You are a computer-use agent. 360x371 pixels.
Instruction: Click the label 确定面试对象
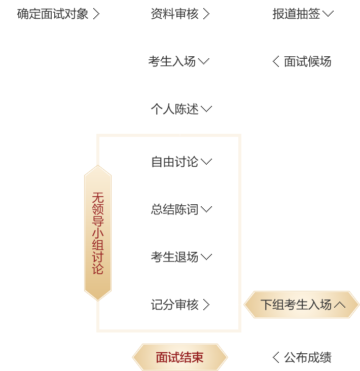tap(53, 14)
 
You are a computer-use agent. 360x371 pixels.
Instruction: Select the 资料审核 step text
tap(174, 14)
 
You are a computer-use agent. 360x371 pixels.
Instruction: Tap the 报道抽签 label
tap(296, 14)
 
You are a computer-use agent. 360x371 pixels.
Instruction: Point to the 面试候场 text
tap(308, 62)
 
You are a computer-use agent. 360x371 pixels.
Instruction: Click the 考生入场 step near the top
tap(172, 62)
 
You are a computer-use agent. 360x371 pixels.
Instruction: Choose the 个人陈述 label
tap(174, 109)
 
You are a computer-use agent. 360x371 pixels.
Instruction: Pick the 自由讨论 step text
tap(174, 162)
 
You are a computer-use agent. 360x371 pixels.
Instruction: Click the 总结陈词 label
tap(174, 209)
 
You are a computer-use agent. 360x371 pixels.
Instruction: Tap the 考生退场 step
tap(174, 257)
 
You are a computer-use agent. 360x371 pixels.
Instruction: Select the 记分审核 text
tap(174, 305)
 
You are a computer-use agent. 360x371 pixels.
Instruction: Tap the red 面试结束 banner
tap(179, 357)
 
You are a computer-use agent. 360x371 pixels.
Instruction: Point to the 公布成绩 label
tap(308, 357)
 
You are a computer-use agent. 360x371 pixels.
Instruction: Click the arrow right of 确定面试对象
tap(96, 14)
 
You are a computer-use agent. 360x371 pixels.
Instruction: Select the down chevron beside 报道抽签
tap(328, 14)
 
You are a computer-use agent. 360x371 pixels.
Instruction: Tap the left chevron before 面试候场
tap(276, 62)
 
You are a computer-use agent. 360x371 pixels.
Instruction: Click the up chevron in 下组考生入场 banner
tap(340, 305)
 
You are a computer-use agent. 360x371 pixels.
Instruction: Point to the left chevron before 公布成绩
tap(276, 357)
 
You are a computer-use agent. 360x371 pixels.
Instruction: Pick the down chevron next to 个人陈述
tap(206, 109)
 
